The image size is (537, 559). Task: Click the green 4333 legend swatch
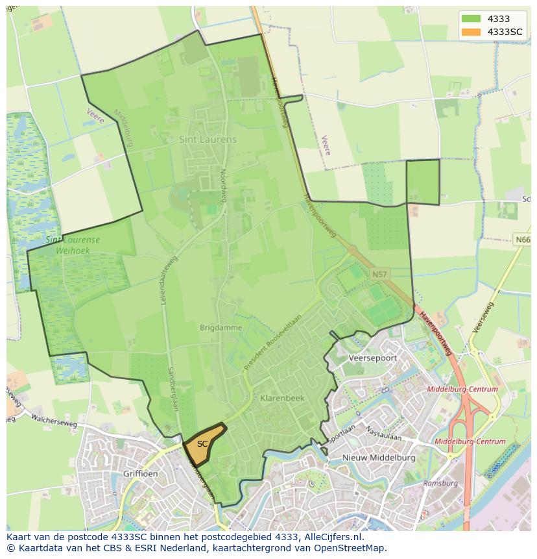(x=471, y=19)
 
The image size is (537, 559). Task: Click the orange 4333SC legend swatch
(x=471, y=32)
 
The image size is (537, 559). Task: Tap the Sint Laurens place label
(x=208, y=140)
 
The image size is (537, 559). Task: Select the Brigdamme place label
(x=221, y=328)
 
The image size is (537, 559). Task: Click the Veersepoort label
(x=372, y=358)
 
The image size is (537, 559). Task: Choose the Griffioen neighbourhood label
(x=140, y=474)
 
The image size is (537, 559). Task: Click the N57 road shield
(x=379, y=275)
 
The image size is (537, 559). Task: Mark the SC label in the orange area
(x=202, y=444)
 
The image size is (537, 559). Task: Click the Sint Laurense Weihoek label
(x=73, y=244)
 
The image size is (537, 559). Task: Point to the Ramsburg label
(x=440, y=483)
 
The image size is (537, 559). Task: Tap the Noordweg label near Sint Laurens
(x=222, y=185)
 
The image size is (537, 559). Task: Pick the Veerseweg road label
(x=483, y=317)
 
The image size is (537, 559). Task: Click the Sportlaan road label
(x=342, y=433)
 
